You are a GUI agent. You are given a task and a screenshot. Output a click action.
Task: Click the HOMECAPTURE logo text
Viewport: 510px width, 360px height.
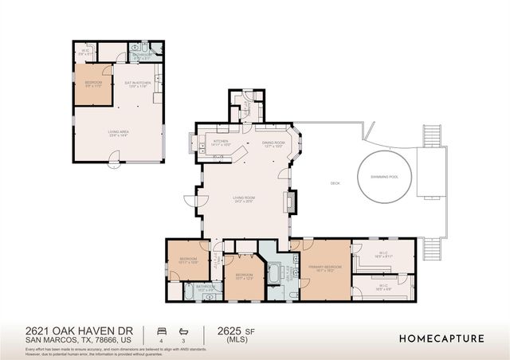point(441,338)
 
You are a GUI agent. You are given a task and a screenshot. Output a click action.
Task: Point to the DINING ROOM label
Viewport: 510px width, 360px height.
point(273,143)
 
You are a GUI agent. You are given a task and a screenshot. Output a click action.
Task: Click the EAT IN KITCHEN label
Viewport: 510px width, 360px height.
point(137,82)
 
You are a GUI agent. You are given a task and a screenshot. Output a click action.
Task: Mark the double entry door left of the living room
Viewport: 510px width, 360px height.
point(190,204)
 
